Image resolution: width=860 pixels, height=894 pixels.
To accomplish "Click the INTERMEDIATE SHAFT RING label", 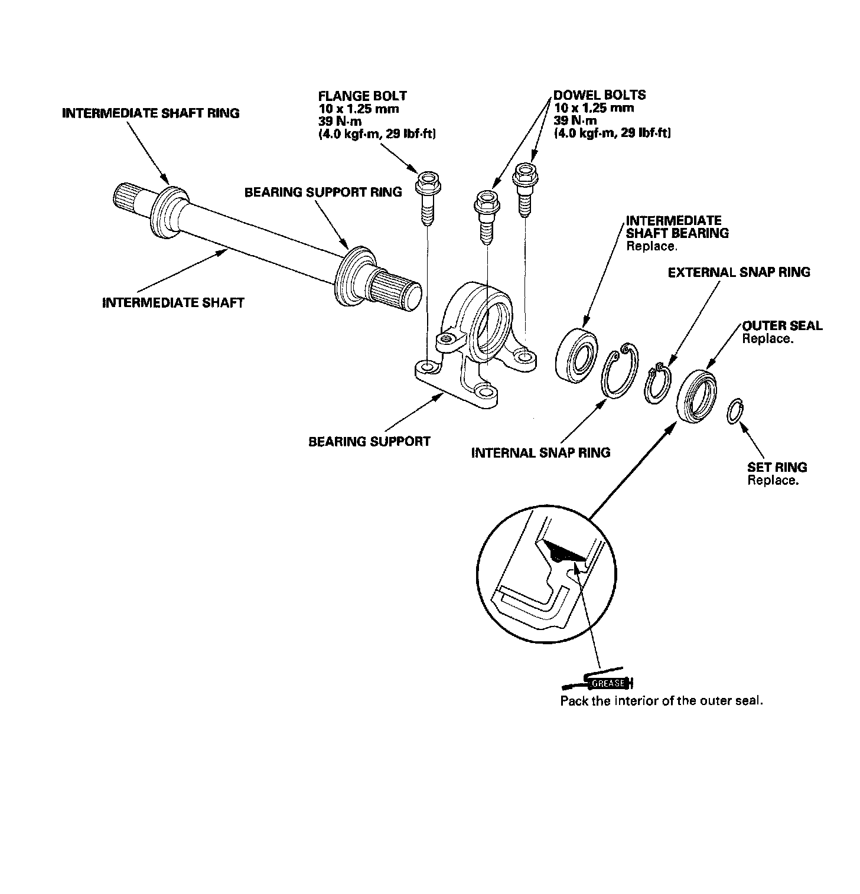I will pyautogui.click(x=151, y=113).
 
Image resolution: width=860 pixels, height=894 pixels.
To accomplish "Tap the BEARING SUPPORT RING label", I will pyautogui.click(x=323, y=192).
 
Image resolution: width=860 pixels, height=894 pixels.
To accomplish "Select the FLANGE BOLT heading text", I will pyautogui.click(x=362, y=96).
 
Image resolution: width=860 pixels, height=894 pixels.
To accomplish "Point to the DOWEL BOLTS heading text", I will pyautogui.click(x=599, y=95).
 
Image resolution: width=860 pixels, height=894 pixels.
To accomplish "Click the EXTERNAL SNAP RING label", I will pyautogui.click(x=739, y=272).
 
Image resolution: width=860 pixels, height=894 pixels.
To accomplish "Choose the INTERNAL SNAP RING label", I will pyautogui.click(x=540, y=453).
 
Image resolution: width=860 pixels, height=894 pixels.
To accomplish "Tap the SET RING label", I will pyautogui.click(x=777, y=467).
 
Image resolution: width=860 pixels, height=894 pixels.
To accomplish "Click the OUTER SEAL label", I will pyautogui.click(x=782, y=326).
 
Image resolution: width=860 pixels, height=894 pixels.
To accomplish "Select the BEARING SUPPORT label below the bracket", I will pyautogui.click(x=369, y=441).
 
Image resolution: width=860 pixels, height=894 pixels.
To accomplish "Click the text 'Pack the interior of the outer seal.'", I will pyautogui.click(x=662, y=701).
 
